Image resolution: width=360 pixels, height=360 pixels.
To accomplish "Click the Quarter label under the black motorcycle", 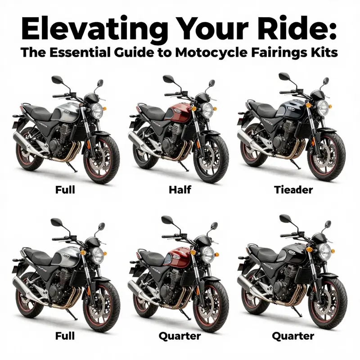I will pos(292,336).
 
